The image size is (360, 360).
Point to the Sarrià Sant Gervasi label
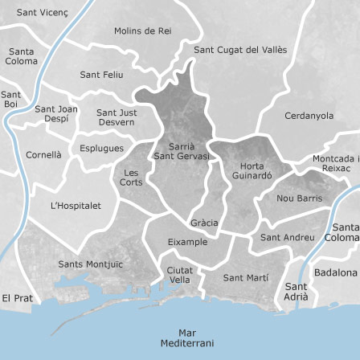[x=182, y=150]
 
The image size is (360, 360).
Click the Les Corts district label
[x=131, y=178]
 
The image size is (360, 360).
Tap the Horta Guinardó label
[x=252, y=170]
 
